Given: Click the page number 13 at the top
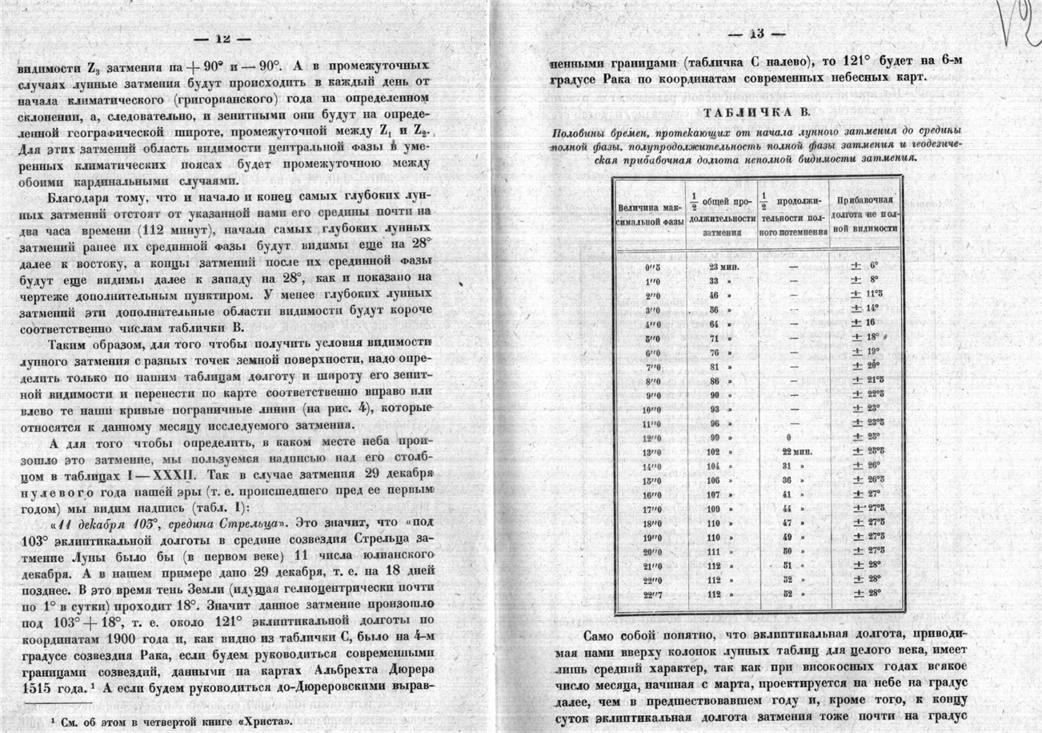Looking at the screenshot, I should [x=755, y=34].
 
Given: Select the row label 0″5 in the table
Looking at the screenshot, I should [x=651, y=264].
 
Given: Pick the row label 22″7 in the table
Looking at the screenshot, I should [x=651, y=594].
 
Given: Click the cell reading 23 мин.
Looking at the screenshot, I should [x=721, y=265].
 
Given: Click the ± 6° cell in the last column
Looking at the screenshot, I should [x=864, y=264].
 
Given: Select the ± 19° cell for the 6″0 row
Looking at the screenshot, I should [x=864, y=351].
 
